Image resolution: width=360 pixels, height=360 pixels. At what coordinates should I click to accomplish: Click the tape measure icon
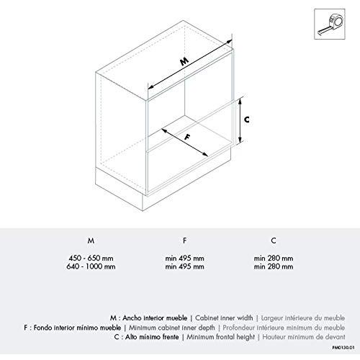[x=330, y=24]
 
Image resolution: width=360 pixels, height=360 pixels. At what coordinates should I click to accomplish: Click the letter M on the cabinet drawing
[x=184, y=61]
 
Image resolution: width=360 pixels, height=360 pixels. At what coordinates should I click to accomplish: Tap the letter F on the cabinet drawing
[x=187, y=137]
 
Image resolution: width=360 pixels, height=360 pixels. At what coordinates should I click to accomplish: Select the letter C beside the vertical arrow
[x=247, y=120]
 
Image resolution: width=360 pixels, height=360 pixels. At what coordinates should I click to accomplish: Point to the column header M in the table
[x=91, y=240]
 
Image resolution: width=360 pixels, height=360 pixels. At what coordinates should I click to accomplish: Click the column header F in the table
[x=184, y=240]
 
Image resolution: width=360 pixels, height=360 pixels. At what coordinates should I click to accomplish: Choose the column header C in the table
[x=274, y=240]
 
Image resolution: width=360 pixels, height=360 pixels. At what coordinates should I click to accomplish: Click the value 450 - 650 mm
[x=91, y=258]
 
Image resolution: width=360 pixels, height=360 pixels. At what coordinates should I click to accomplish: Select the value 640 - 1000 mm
[x=91, y=266]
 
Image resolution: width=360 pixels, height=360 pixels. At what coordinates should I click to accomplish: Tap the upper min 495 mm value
[x=184, y=258]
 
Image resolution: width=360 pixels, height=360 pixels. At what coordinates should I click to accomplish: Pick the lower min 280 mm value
[x=274, y=266]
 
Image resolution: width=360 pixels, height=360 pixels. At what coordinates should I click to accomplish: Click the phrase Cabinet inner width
[x=224, y=318]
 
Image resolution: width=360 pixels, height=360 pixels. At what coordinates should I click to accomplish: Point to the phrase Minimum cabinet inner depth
[x=172, y=328]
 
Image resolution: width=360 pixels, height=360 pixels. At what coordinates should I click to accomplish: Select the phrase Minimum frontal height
[x=220, y=337]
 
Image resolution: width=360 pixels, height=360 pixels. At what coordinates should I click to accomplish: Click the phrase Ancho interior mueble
[x=155, y=318]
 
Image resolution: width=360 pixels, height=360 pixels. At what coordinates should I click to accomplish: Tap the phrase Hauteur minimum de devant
[x=304, y=337]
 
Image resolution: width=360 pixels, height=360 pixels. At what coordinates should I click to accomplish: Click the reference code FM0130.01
[x=343, y=348]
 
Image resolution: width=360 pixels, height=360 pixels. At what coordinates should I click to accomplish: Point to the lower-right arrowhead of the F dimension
[x=205, y=155]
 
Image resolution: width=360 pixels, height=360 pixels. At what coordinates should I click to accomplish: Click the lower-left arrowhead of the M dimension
[x=150, y=87]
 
